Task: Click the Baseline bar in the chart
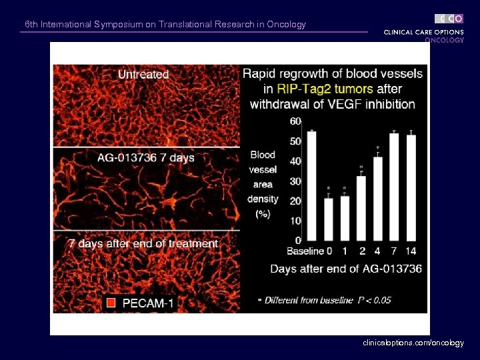point(311,186)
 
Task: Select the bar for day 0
point(328,219)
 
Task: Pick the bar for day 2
point(361,208)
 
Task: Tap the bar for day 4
point(378,199)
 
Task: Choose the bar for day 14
point(411,188)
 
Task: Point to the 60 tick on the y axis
point(295,121)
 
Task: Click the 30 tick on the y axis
point(295,181)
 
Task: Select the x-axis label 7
point(394,251)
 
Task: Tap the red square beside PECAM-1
point(111,303)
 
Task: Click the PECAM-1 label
point(148,303)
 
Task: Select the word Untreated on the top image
point(143,75)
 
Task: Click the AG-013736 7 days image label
point(145,158)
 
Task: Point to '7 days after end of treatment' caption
point(143,244)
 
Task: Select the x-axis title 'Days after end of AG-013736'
point(345,269)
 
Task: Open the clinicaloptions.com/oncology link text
point(413,343)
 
